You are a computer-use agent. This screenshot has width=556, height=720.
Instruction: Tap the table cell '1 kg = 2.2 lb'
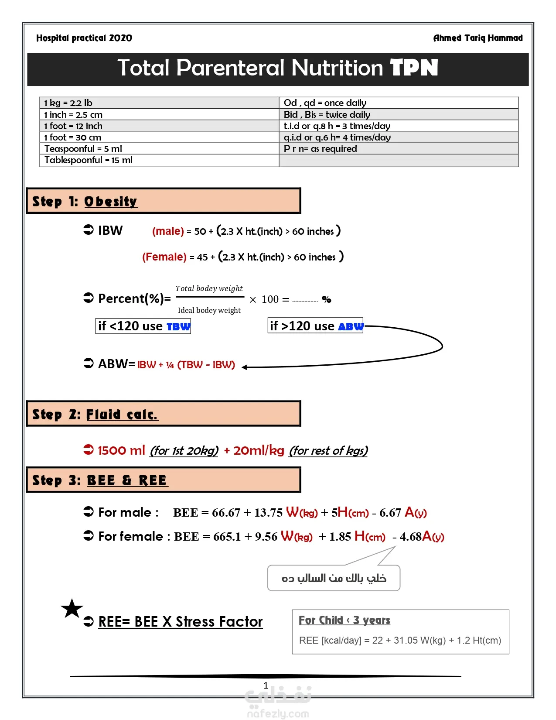click(68, 103)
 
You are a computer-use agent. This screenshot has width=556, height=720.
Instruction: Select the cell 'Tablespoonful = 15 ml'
click(88, 160)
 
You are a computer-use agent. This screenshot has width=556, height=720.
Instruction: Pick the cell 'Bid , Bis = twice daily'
click(327, 115)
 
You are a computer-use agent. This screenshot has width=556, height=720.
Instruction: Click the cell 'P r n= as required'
click(320, 149)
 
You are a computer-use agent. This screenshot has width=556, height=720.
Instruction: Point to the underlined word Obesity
click(111, 202)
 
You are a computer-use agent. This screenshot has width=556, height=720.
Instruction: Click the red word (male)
click(168, 231)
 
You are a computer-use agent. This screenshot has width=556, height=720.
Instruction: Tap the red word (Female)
click(164, 257)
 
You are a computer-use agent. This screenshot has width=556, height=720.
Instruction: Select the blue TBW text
click(178, 326)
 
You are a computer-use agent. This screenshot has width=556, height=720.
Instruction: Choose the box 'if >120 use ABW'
click(315, 326)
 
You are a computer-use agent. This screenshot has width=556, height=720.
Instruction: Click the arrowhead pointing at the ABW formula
click(245, 367)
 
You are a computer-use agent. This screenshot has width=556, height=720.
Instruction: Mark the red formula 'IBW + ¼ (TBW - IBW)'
click(186, 365)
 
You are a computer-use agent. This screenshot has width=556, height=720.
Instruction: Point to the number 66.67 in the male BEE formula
click(226, 513)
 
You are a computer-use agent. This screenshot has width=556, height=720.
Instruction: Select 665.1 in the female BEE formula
click(227, 537)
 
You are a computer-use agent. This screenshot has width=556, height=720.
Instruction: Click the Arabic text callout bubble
click(334, 578)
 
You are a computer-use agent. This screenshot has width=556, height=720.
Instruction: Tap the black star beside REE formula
click(72, 609)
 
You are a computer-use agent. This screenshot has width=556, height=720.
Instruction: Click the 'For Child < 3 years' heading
click(344, 620)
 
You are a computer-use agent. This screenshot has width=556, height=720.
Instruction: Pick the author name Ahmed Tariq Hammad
click(478, 38)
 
